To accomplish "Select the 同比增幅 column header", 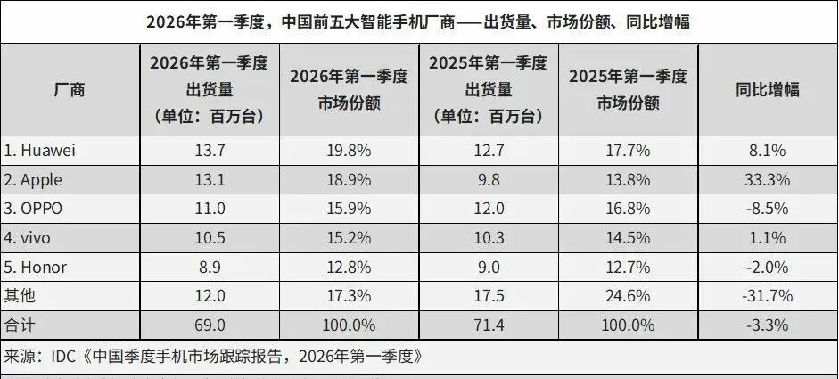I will (x=767, y=89).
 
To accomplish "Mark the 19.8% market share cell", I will (x=349, y=151).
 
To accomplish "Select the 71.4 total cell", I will (x=487, y=325).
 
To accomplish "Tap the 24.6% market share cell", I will (x=628, y=296).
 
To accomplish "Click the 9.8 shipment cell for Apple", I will (x=487, y=180).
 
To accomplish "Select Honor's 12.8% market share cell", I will (x=349, y=267).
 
